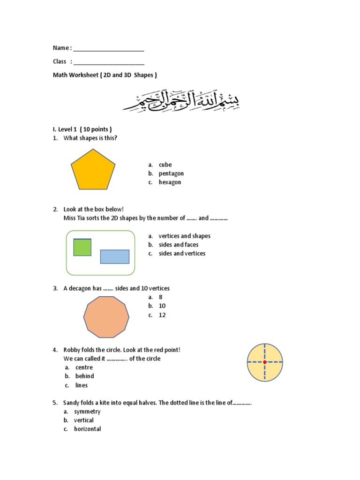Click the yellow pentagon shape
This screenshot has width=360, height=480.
(93, 171)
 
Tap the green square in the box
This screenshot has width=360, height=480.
(82, 247)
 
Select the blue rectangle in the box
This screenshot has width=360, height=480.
(114, 256)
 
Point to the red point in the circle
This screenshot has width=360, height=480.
(265, 362)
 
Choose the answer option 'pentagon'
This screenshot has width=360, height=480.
(171, 173)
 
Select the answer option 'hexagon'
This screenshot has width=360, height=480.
(170, 182)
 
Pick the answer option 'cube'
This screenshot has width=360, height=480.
(165, 165)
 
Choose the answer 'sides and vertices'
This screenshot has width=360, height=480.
(182, 254)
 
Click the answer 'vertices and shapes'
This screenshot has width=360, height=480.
(184, 236)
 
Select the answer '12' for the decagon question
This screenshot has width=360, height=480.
(162, 315)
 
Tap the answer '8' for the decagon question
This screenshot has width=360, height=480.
(160, 297)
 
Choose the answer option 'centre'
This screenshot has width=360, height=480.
(84, 367)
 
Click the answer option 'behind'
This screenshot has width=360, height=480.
(84, 376)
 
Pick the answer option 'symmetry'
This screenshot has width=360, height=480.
(87, 412)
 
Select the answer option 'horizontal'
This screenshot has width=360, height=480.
(87, 429)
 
